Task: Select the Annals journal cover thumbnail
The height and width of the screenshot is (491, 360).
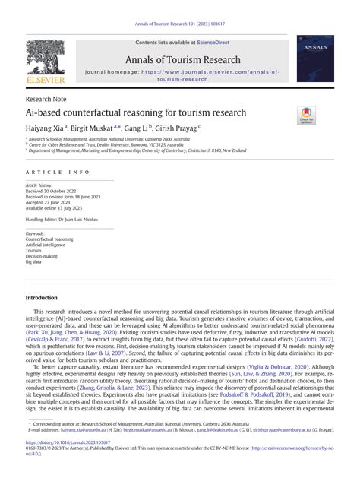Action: click(x=315, y=59)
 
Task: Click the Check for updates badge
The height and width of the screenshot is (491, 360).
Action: click(x=306, y=116)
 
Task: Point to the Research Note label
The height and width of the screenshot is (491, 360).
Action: click(x=48, y=99)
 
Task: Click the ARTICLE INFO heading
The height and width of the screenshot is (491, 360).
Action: click(x=58, y=173)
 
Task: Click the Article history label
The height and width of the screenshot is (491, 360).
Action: click(x=39, y=185)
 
